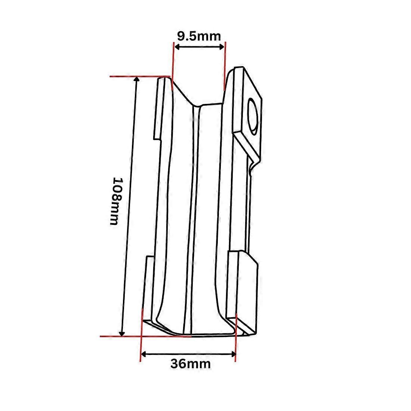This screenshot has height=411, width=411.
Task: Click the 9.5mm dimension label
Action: pos(199,36)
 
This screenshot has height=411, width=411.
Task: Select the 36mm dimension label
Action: pos(190,364)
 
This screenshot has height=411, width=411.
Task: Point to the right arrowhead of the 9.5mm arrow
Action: pos(222,47)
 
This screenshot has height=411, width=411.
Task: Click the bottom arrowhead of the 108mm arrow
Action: pos(122,333)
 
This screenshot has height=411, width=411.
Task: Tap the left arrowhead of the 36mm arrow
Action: pos(143,354)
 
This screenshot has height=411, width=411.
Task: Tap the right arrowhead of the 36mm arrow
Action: pos(233,354)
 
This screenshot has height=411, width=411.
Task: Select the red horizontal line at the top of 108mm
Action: pos(140,77)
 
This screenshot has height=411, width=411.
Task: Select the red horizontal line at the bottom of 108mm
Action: pos(146,336)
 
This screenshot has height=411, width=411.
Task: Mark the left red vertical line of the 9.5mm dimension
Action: pos(173,66)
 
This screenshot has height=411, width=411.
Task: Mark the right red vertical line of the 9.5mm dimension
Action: pos(225,66)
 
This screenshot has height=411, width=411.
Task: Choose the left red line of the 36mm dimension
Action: pos(141,336)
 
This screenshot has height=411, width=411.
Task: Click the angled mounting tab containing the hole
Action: pos(247,115)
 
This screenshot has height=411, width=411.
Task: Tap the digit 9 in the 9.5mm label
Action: pos(180,36)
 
